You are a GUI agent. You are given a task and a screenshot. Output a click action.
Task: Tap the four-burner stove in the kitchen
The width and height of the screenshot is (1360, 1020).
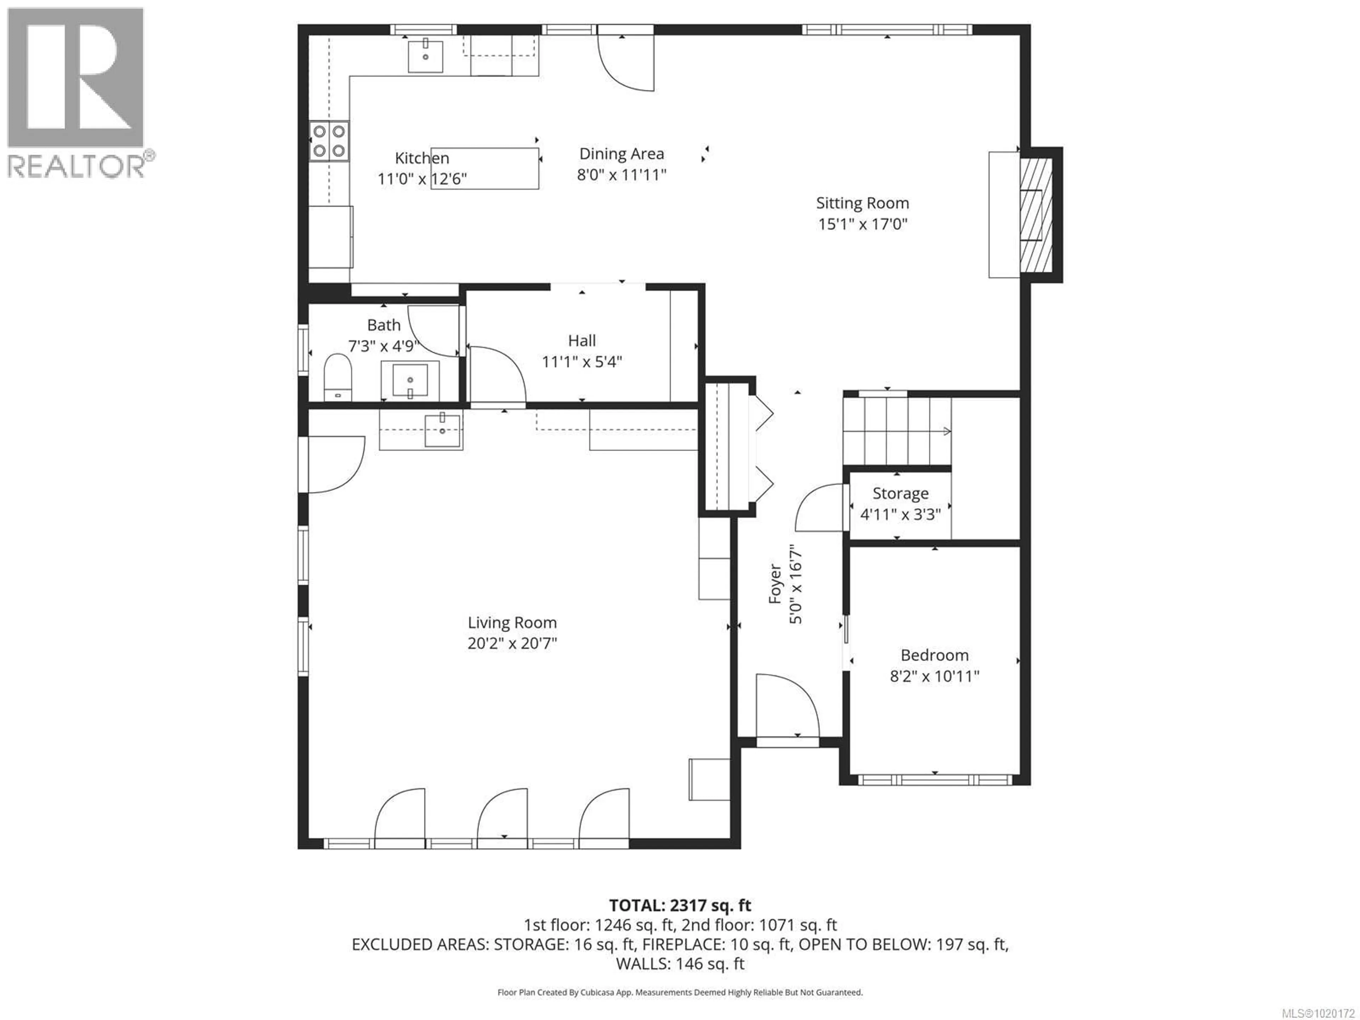pos(329,141)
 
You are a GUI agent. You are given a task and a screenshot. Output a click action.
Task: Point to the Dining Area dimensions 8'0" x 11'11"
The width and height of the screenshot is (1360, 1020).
pos(622,175)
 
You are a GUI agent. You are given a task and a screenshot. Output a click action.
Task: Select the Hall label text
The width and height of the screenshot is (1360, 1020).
pos(582,341)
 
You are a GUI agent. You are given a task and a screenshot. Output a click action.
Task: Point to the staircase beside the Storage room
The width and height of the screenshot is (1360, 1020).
pos(896,431)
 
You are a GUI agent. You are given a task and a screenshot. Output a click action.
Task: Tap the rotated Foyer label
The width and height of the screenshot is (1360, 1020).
pos(775,584)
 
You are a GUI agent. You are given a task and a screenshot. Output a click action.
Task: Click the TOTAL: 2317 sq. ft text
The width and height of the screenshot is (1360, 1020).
pos(680,906)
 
